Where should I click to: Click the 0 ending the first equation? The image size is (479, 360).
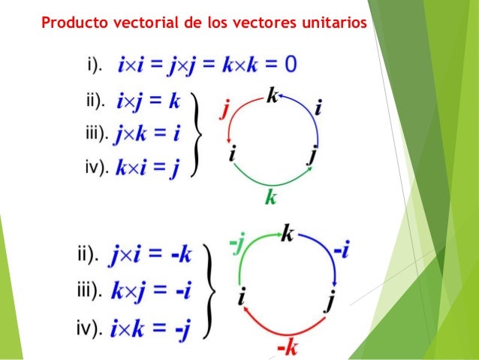(x=289, y=65)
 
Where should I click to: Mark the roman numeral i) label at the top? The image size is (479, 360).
(x=95, y=66)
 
